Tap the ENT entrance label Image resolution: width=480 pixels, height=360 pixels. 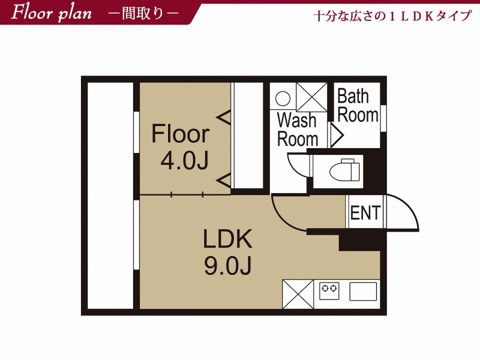(365, 212)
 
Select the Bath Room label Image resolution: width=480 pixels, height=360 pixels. (357, 106)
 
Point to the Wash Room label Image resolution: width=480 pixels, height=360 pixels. (297, 130)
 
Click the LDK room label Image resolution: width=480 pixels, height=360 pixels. (228, 239)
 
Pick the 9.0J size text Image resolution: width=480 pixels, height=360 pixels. (228, 265)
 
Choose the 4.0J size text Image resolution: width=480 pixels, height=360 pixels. (184, 161)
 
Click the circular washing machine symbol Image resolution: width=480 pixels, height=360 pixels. (283, 98)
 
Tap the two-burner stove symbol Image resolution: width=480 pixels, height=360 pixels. (329, 290)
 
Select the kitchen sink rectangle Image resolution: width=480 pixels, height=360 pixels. (363, 292)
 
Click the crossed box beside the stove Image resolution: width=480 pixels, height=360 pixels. (298, 294)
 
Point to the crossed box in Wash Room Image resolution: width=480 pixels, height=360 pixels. (311, 97)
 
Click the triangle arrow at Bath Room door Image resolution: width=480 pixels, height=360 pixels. (337, 134)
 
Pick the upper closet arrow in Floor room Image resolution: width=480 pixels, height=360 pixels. (223, 117)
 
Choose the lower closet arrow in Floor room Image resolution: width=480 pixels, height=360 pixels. (223, 181)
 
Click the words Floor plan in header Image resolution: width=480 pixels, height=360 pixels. (51, 14)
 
